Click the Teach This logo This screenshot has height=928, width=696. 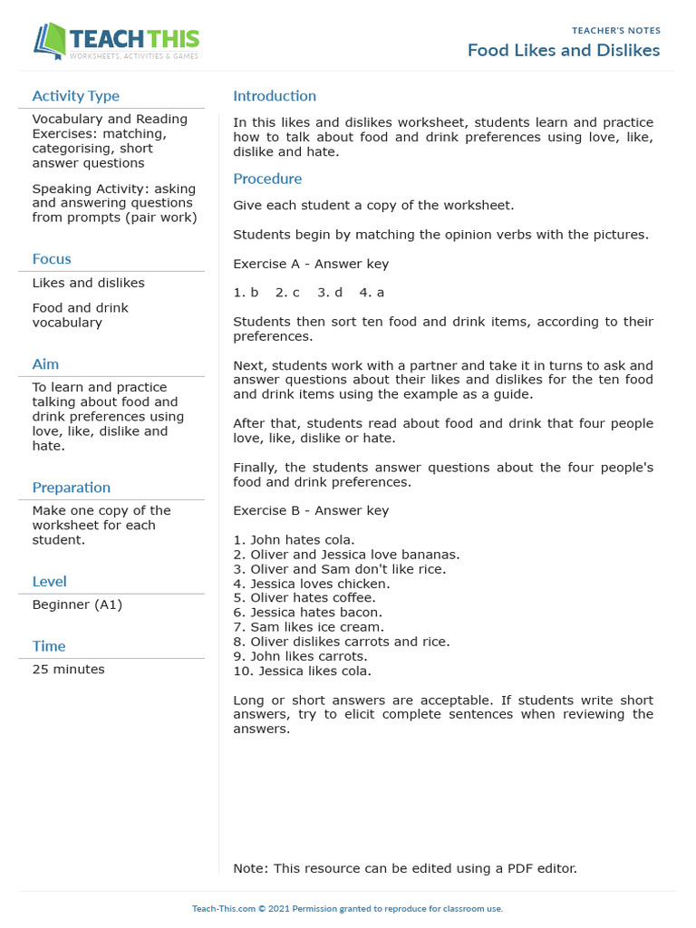click(116, 42)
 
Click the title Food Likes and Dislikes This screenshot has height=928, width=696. click(563, 50)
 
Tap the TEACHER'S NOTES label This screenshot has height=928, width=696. click(615, 31)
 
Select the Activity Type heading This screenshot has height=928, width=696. click(75, 96)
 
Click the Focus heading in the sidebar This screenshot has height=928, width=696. click(52, 259)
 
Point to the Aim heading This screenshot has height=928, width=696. click(45, 364)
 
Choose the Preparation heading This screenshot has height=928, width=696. click(71, 488)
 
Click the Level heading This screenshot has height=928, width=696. click(49, 582)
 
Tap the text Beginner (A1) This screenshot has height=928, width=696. click(77, 604)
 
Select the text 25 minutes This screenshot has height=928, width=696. click(68, 670)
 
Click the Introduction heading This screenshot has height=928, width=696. click(275, 96)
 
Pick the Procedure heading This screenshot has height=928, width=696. click(267, 179)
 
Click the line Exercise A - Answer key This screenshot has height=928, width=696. click(311, 265)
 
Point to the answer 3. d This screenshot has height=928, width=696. click(330, 293)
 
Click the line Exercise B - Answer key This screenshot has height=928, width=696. click(311, 511)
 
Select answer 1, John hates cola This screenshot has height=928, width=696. click(294, 540)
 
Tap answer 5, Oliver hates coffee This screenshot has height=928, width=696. click(304, 598)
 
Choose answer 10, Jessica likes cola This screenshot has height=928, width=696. click(302, 672)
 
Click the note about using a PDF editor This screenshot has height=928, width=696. click(404, 868)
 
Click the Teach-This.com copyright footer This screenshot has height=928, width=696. click(347, 909)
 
